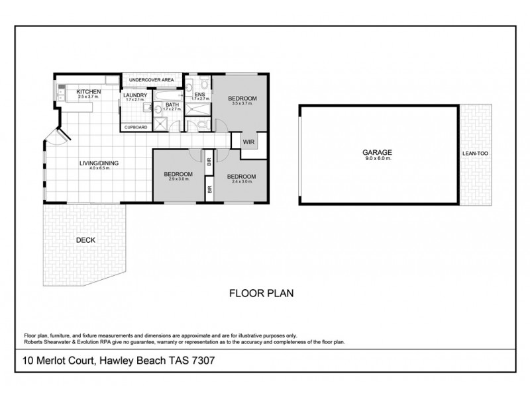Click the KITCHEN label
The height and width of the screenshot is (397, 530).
point(88,91)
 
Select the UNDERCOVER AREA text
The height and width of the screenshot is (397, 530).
point(151,80)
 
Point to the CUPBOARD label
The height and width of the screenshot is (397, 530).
point(136,127)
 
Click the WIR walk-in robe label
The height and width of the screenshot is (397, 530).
point(249,142)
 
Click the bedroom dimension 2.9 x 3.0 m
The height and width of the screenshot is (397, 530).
point(179,179)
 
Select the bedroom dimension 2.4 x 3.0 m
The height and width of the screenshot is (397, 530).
point(240,182)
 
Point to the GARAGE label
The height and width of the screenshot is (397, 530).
point(380,152)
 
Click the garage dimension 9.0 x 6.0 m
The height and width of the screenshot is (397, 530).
point(380,158)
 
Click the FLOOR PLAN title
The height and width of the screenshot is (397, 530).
point(261,292)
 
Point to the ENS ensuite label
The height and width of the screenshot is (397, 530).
point(199,95)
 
